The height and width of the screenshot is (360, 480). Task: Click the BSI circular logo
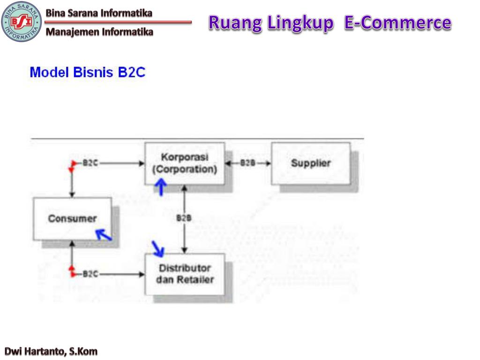coord(22,22)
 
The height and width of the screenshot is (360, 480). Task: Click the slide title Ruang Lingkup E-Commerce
coord(330,22)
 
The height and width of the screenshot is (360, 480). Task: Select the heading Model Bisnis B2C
coord(87,73)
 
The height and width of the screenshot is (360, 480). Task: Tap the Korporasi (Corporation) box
coord(184,163)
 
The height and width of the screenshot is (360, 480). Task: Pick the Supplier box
coord(310,163)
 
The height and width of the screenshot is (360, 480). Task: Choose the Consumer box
coord(72,218)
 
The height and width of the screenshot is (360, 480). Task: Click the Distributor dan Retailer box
coord(185,274)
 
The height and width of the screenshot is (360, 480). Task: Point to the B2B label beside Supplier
coord(247,163)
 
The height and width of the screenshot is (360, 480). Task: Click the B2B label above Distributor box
coord(184,217)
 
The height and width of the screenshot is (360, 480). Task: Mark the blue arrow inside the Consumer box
coord(104,234)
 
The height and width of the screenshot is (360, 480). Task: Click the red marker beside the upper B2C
coord(73,165)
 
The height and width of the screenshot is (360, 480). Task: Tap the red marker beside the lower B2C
coord(72,270)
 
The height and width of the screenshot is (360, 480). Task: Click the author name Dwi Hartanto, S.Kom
coord(51,351)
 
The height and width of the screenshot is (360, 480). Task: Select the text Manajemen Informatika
coord(99,32)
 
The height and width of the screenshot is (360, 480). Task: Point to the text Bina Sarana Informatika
coord(99,13)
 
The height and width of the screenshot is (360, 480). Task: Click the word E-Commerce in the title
coord(397,22)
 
